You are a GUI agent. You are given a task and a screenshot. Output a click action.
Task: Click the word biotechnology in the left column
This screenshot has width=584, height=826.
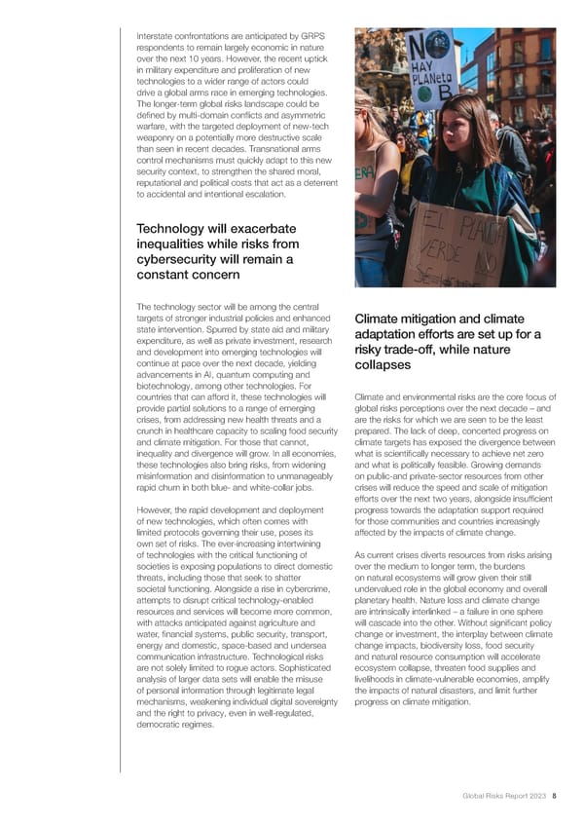pyautogui.click(x=167, y=386)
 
